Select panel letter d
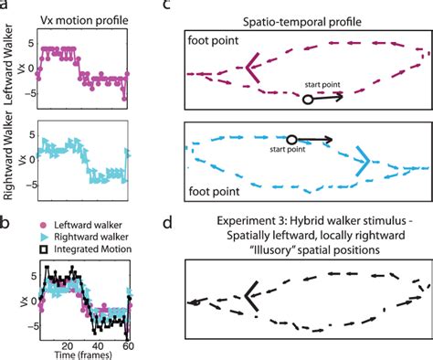coord(190,223)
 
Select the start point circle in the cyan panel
coord(291,140)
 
